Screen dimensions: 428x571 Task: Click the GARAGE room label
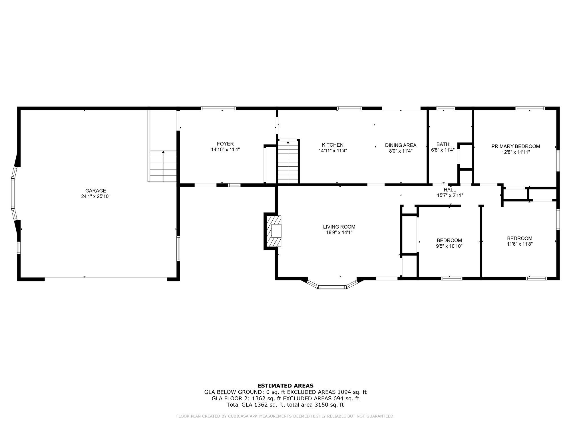96,191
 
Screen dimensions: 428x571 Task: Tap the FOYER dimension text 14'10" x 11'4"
225,150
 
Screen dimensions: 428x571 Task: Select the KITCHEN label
333,145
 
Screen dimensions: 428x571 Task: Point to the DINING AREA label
401,145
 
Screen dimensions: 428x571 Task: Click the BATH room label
443,144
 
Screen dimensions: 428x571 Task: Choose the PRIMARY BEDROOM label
516,146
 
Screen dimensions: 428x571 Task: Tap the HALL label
450,190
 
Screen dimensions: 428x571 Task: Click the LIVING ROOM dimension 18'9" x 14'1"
339,233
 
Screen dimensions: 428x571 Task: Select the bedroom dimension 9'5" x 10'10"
449,246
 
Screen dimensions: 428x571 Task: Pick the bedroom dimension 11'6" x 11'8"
520,244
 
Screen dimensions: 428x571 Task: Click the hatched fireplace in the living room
274,231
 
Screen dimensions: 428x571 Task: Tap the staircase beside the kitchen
288,163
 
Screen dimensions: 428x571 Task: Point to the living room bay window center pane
332,287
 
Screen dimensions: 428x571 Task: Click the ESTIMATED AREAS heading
285,386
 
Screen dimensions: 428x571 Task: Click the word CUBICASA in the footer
238,416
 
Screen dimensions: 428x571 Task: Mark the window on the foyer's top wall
218,108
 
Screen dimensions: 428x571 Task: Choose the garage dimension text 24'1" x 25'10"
96,196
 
